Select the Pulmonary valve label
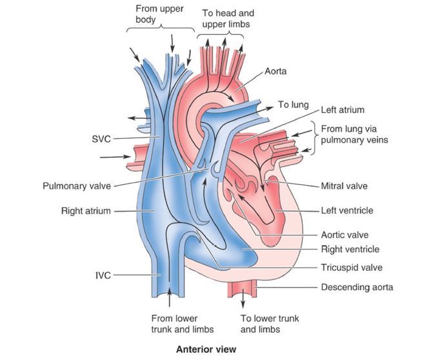point(76,186)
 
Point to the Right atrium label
point(86,210)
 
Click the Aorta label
point(275,71)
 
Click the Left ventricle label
point(347,210)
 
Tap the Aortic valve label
point(345,235)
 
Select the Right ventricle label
point(350,249)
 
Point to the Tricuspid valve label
point(352,267)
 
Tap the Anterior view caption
point(206,350)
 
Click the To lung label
point(294,105)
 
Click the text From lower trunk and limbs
point(174,324)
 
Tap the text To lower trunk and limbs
point(270,324)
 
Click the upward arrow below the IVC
point(169,299)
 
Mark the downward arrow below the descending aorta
point(244,301)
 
